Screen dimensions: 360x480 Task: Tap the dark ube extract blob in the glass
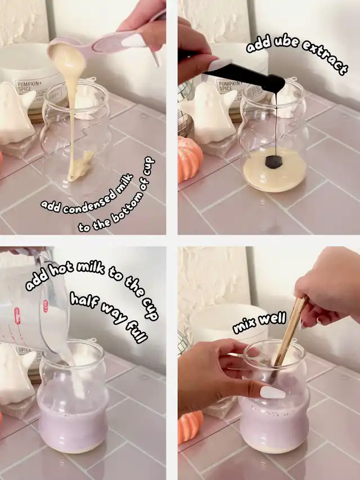tap(273, 162)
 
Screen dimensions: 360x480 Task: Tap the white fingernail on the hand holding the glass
tap(272, 392)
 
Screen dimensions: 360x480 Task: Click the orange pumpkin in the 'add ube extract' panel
tap(189, 159)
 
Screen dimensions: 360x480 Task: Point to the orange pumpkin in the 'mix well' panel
tap(190, 427)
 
